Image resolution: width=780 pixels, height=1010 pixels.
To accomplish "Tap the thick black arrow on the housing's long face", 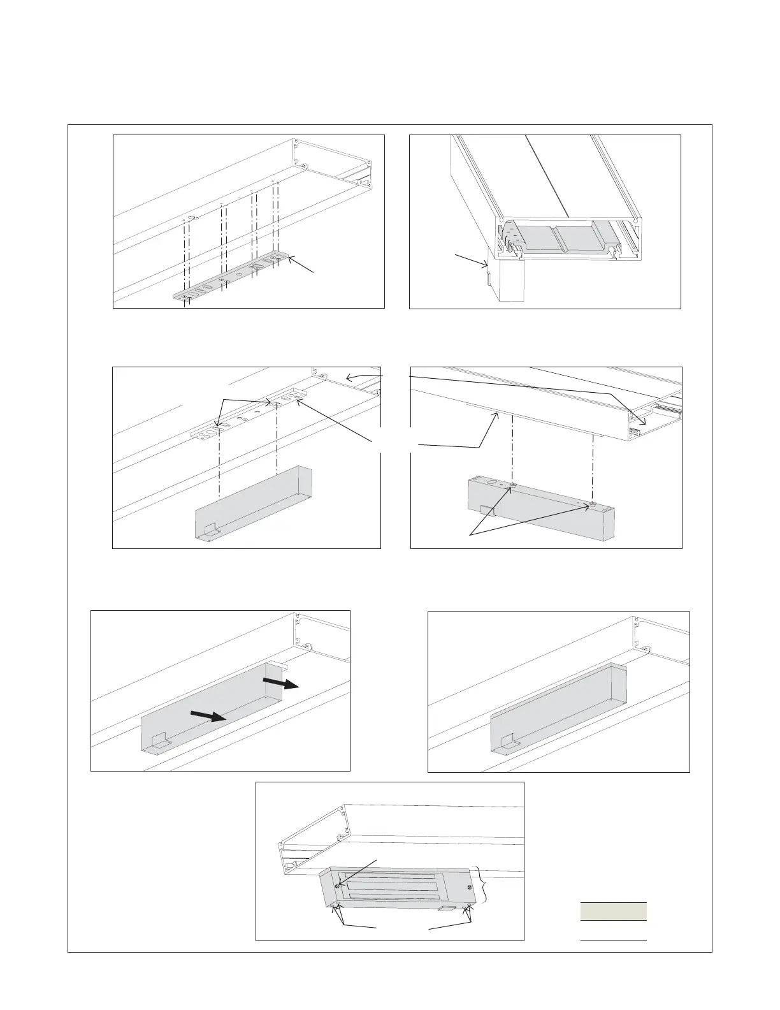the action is pyautogui.click(x=208, y=716).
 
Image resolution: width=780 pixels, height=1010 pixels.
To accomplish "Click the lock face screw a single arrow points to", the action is pyautogui.click(x=336, y=886).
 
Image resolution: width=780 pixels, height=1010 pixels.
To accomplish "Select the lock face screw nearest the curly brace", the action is pyautogui.click(x=470, y=888).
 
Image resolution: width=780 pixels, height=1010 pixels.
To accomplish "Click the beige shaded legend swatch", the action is pyautogui.click(x=613, y=911).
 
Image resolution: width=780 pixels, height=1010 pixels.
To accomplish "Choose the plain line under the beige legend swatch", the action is pyautogui.click(x=613, y=940).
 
